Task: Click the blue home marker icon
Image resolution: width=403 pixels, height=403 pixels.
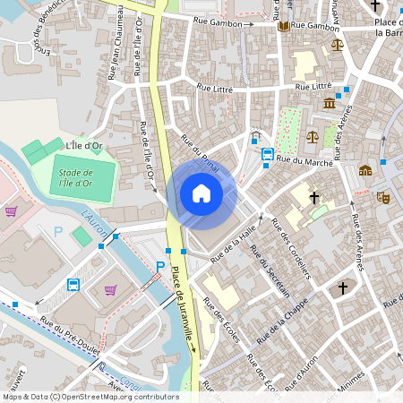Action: pyautogui.click(x=201, y=193)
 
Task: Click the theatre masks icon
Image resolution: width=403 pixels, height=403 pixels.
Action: pyautogui.click(x=383, y=196)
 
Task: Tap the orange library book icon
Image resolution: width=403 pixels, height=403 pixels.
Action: pyautogui.click(x=283, y=26)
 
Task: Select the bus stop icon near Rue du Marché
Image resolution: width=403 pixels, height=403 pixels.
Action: pyautogui.click(x=267, y=155)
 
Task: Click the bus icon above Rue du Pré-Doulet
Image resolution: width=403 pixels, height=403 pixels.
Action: pyautogui.click(x=73, y=286)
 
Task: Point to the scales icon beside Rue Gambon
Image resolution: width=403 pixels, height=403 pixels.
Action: pyautogui.click(x=337, y=44)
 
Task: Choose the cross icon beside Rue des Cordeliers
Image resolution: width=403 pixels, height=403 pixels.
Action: pyautogui.click(x=314, y=197)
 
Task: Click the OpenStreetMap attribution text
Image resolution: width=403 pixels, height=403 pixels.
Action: pyautogui.click(x=90, y=396)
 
